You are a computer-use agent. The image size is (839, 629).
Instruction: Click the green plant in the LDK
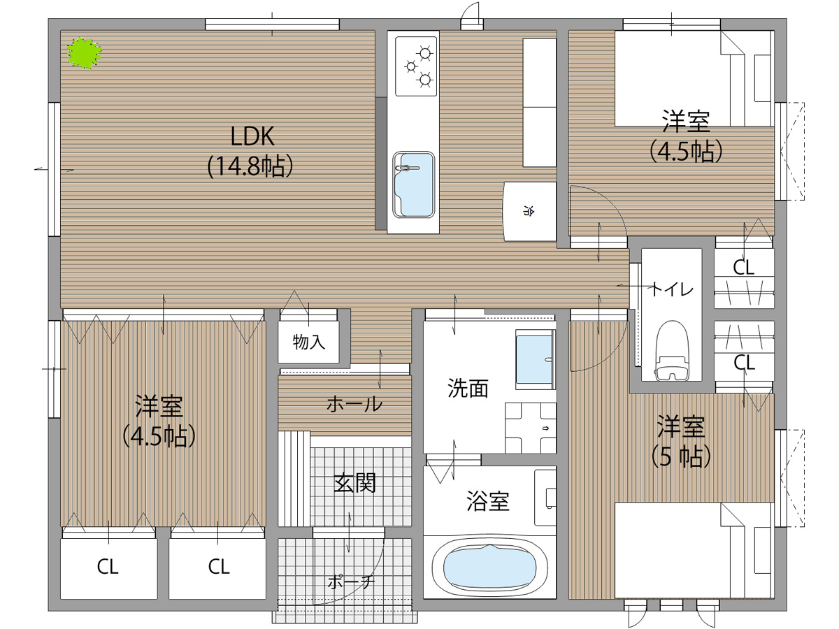coord(85,52)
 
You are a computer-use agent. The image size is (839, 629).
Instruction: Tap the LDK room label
coord(252,136)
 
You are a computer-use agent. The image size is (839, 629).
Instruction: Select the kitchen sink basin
coord(414,185)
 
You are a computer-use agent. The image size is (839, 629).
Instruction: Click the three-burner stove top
coord(416,66)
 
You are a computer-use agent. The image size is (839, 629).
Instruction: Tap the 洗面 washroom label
coord(468,388)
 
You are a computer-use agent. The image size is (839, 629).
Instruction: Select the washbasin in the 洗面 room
coord(534,359)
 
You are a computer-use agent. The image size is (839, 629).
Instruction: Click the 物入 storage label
coord(308,342)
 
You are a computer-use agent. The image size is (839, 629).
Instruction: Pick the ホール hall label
coord(354,404)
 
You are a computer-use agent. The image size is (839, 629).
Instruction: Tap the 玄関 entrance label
coord(354,483)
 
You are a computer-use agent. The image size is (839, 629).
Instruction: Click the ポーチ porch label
coord(351,582)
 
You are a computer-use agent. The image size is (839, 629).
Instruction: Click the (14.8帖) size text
coord(250,166)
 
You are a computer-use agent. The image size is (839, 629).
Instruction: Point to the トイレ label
coord(672,289)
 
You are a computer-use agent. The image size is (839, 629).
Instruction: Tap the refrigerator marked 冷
coord(530,211)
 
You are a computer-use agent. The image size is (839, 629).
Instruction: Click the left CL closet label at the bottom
coord(108,567)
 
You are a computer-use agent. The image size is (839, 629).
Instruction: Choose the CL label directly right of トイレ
coord(743,268)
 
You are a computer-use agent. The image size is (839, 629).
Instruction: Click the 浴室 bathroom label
coord(488,501)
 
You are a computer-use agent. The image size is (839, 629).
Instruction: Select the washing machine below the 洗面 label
coord(531,428)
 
